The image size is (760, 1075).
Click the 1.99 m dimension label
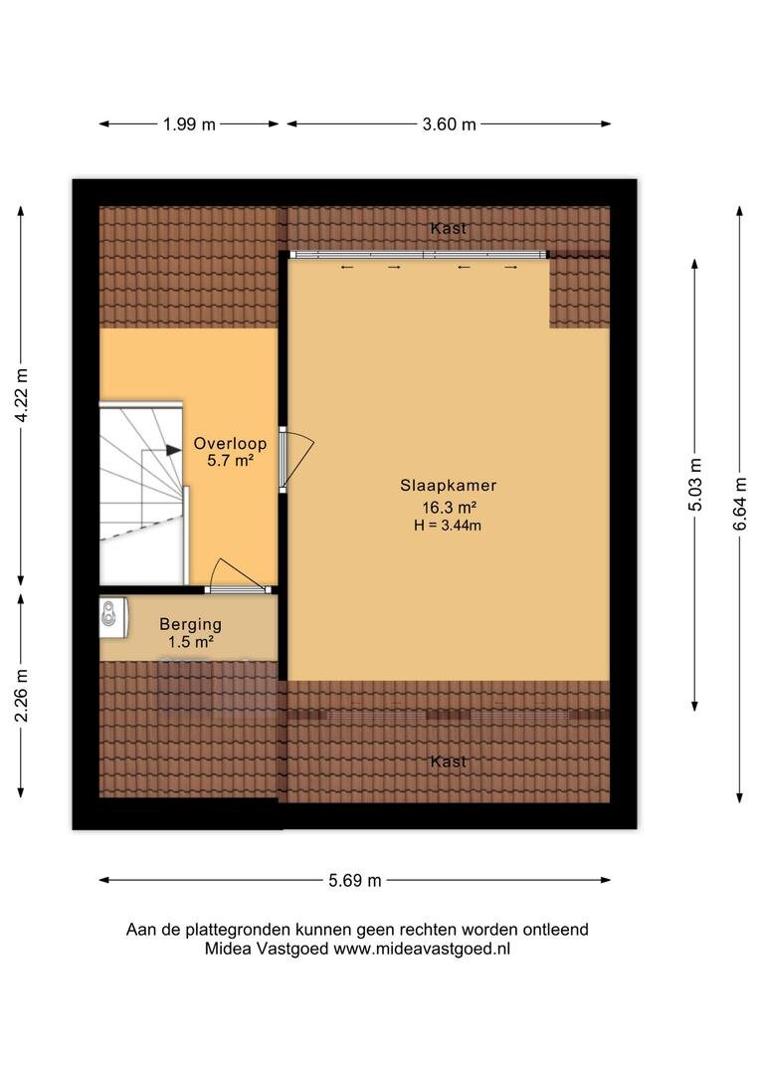coord(189,124)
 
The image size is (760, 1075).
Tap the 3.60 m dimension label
coord(449,124)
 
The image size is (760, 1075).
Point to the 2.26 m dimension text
coord(21,695)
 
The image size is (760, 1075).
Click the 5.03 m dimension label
coord(695,484)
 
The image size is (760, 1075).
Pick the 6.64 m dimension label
coord(739,504)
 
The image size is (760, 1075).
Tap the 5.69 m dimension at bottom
coord(355,880)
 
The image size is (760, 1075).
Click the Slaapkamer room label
coord(449,486)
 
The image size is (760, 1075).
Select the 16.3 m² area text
coord(449,508)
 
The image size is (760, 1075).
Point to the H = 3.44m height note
coord(448,526)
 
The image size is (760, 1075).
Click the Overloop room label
coord(230,444)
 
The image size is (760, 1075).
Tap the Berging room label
coord(191,624)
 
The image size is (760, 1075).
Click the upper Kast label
coord(449,228)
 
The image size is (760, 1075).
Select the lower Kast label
coord(449,761)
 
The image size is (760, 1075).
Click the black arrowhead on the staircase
coord(173,451)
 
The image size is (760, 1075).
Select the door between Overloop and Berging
coord(238,577)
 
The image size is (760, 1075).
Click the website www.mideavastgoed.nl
coord(422,949)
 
